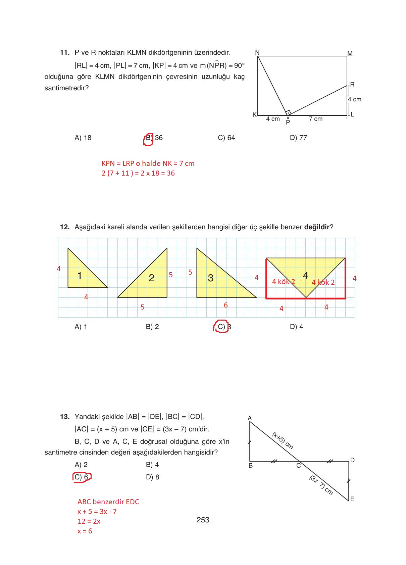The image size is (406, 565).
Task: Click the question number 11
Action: [64, 52]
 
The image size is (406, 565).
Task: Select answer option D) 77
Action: [298, 138]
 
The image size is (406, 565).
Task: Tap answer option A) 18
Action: [83, 138]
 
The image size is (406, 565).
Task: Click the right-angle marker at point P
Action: [288, 112]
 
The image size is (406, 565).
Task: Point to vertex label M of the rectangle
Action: [350, 54]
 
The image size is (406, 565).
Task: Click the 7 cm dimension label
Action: [315, 119]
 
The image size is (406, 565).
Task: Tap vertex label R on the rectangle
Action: [352, 85]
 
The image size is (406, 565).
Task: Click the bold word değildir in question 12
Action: [317, 227]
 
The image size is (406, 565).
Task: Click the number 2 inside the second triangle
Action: [152, 278]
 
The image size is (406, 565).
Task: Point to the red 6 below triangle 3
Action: [226, 305]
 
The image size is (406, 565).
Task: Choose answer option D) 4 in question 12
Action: [296, 327]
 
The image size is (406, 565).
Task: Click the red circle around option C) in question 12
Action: [221, 327]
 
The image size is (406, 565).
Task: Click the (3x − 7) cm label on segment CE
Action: [321, 485]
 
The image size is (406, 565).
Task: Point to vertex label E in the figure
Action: [352, 499]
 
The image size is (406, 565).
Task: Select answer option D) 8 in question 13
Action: [152, 477]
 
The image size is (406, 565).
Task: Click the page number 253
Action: [203, 520]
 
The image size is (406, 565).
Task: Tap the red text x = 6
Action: [85, 531]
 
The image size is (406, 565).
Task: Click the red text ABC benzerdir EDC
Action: [108, 502]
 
